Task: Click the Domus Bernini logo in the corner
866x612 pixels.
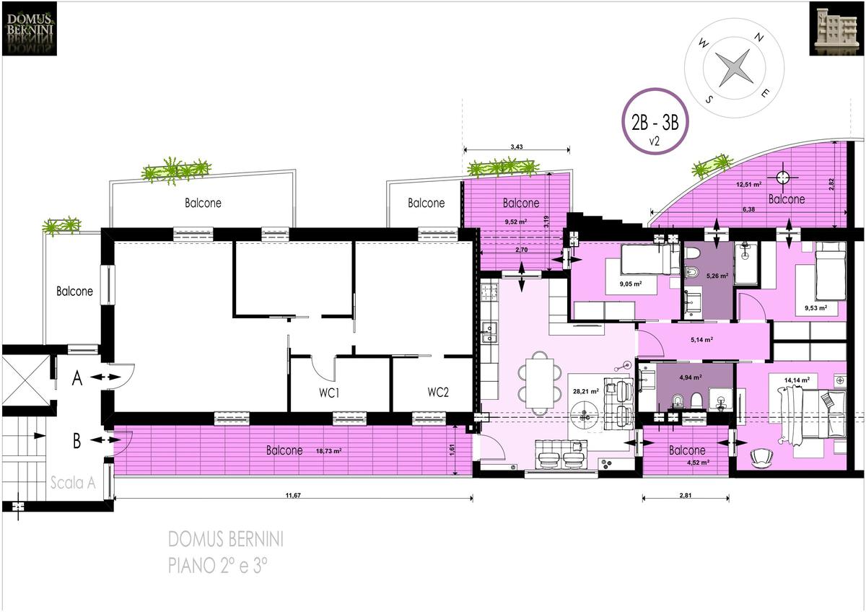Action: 30,29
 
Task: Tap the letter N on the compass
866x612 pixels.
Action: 759,38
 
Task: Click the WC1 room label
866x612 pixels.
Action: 329,393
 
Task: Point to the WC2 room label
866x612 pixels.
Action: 438,392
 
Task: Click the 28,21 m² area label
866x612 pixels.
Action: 586,391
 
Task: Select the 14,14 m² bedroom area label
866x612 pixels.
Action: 797,380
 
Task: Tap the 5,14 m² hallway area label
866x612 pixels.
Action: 701,340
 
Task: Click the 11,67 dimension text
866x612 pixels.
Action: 293,495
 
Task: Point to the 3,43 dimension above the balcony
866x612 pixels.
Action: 517,147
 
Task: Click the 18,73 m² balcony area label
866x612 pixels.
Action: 328,451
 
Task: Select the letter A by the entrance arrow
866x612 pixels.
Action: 77,378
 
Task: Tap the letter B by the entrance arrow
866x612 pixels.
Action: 77,441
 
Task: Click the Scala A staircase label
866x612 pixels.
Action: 73,483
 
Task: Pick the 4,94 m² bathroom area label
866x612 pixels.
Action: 691,377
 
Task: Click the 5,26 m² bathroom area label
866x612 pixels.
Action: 717,276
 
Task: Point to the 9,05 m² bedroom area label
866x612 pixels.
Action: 631,284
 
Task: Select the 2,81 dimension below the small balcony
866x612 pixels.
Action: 686,495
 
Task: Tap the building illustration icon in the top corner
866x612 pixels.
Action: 836,29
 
